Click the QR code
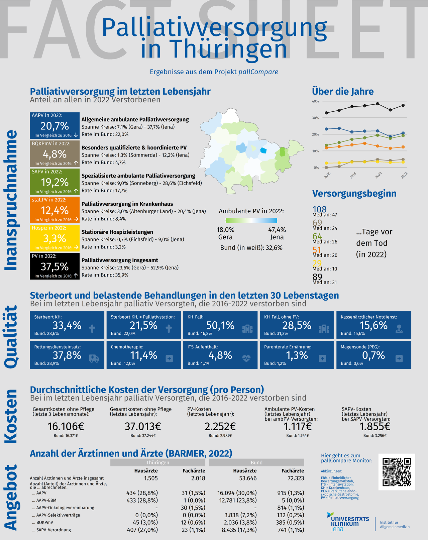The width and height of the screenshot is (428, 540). (x=397, y=472)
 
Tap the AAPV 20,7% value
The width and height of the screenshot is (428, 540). (x=55, y=126)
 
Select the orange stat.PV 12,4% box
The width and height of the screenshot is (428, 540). (x=55, y=210)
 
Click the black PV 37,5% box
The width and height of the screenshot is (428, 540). (x=55, y=266)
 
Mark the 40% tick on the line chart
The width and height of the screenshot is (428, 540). (x=315, y=101)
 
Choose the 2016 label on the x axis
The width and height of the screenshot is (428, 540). (x=327, y=175)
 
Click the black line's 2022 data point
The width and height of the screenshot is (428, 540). (x=403, y=105)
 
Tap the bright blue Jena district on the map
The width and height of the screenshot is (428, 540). (x=263, y=150)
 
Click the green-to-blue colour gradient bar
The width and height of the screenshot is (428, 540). (x=251, y=220)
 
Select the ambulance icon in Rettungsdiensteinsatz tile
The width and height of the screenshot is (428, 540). (x=94, y=358)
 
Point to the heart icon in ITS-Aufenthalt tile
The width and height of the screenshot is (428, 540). (x=246, y=358)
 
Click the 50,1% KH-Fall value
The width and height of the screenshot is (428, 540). (x=220, y=325)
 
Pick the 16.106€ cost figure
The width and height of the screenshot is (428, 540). (x=66, y=426)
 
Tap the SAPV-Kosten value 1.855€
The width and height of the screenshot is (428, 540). (x=375, y=426)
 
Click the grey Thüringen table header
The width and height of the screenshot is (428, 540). (x=157, y=462)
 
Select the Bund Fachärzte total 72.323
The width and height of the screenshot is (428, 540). (x=296, y=478)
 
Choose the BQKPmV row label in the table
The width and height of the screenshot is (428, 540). (x=43, y=522)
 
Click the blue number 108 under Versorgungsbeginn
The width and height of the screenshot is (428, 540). (x=319, y=209)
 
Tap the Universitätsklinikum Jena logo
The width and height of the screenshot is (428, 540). (x=348, y=522)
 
